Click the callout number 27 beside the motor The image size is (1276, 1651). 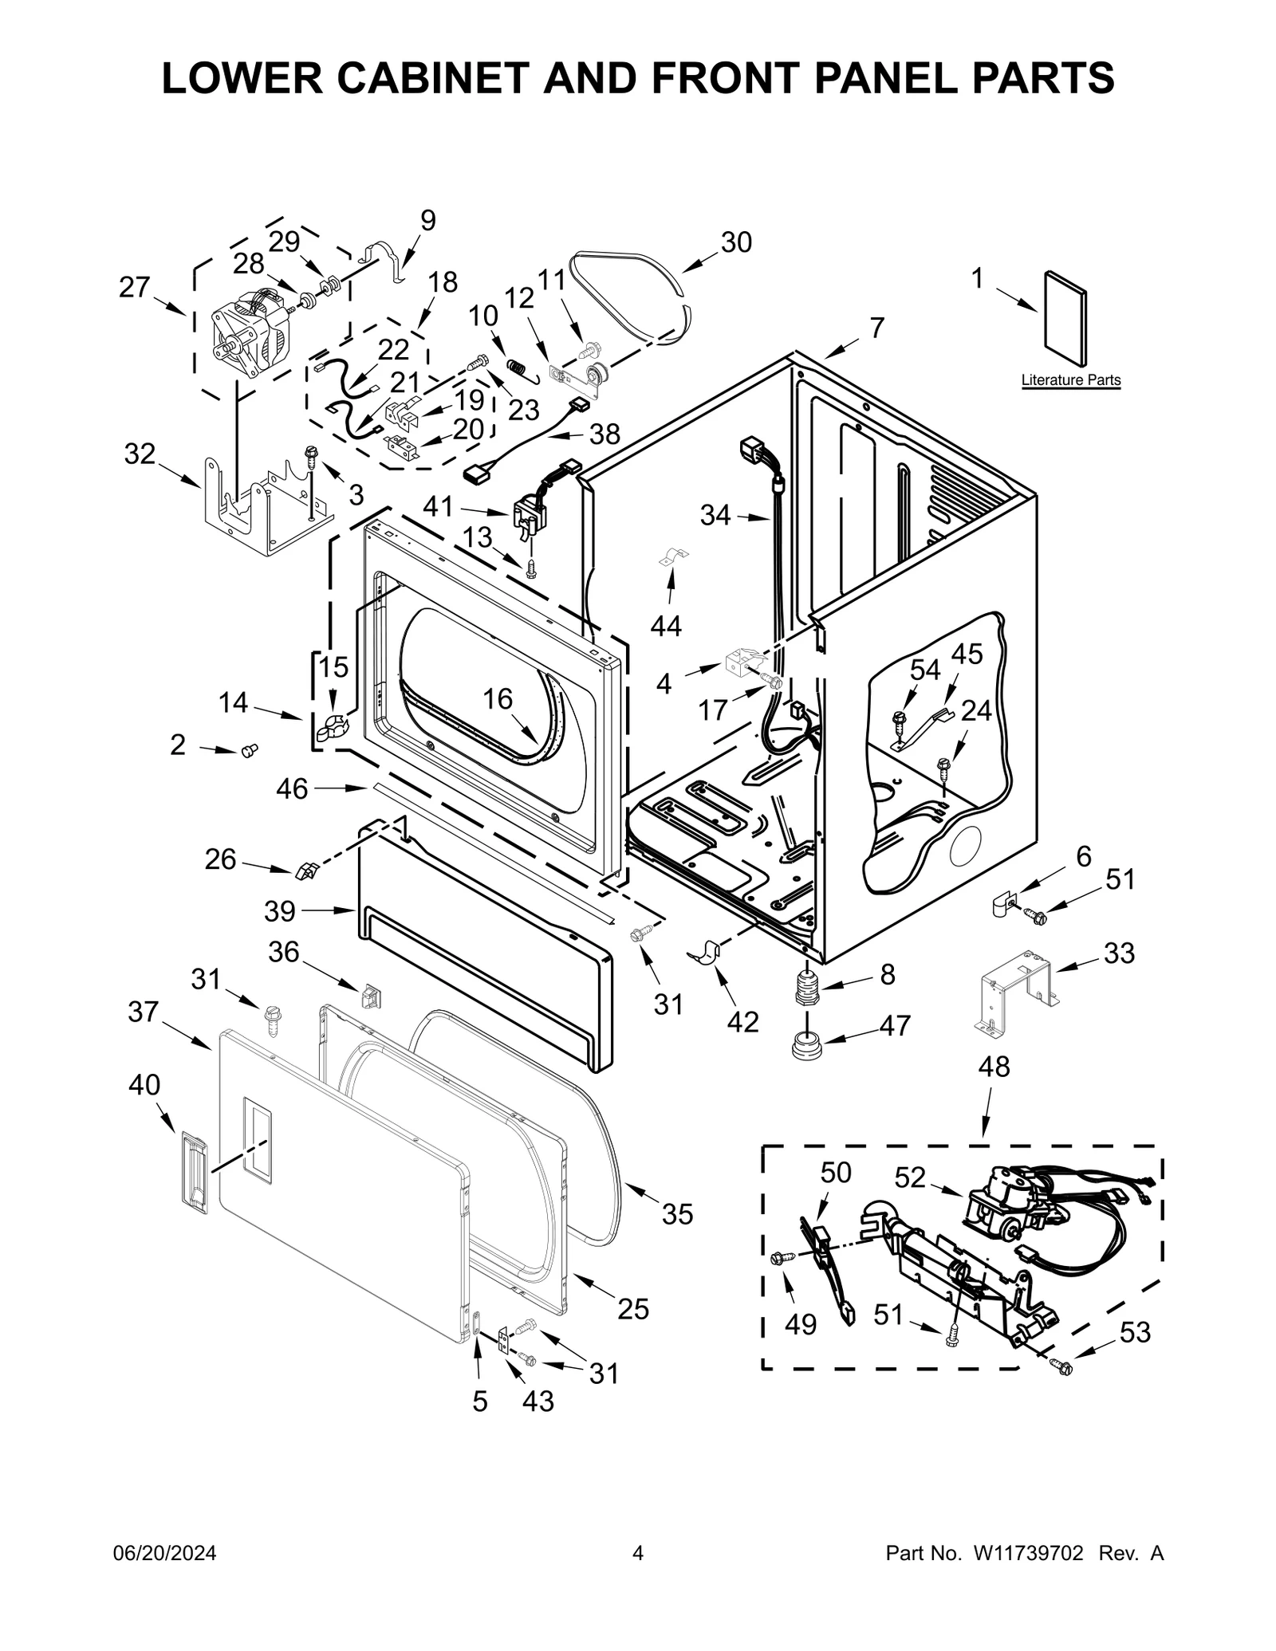coord(134,287)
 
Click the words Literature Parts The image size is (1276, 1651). coord(1070,380)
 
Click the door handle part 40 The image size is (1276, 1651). coord(192,1172)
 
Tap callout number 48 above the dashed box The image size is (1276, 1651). coord(994,1066)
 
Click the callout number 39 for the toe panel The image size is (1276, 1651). coord(280,910)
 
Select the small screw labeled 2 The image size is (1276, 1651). coord(249,749)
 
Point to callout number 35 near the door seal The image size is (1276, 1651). coord(677,1213)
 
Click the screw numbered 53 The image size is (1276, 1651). coord(1063,1367)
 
